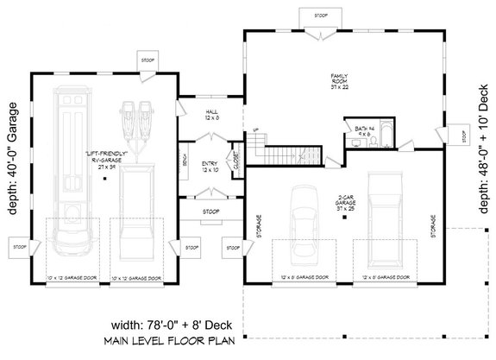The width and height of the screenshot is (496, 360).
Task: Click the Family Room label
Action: [337, 82]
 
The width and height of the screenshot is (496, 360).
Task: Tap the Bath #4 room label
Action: [364, 129]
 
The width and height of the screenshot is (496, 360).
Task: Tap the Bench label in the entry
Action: [185, 161]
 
